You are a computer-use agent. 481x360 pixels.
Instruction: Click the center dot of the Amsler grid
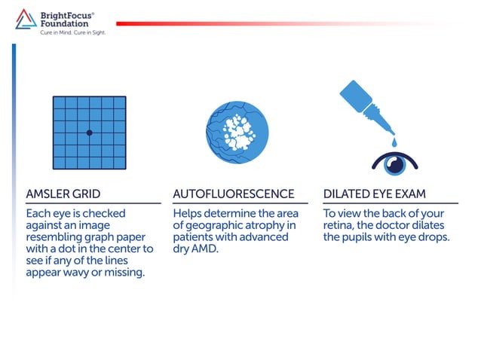(x=89, y=133)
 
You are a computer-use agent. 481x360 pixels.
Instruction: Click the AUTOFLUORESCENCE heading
(x=234, y=194)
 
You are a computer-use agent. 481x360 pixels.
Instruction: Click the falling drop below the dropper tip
(x=393, y=142)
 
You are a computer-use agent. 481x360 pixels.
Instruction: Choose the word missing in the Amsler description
(x=124, y=273)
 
